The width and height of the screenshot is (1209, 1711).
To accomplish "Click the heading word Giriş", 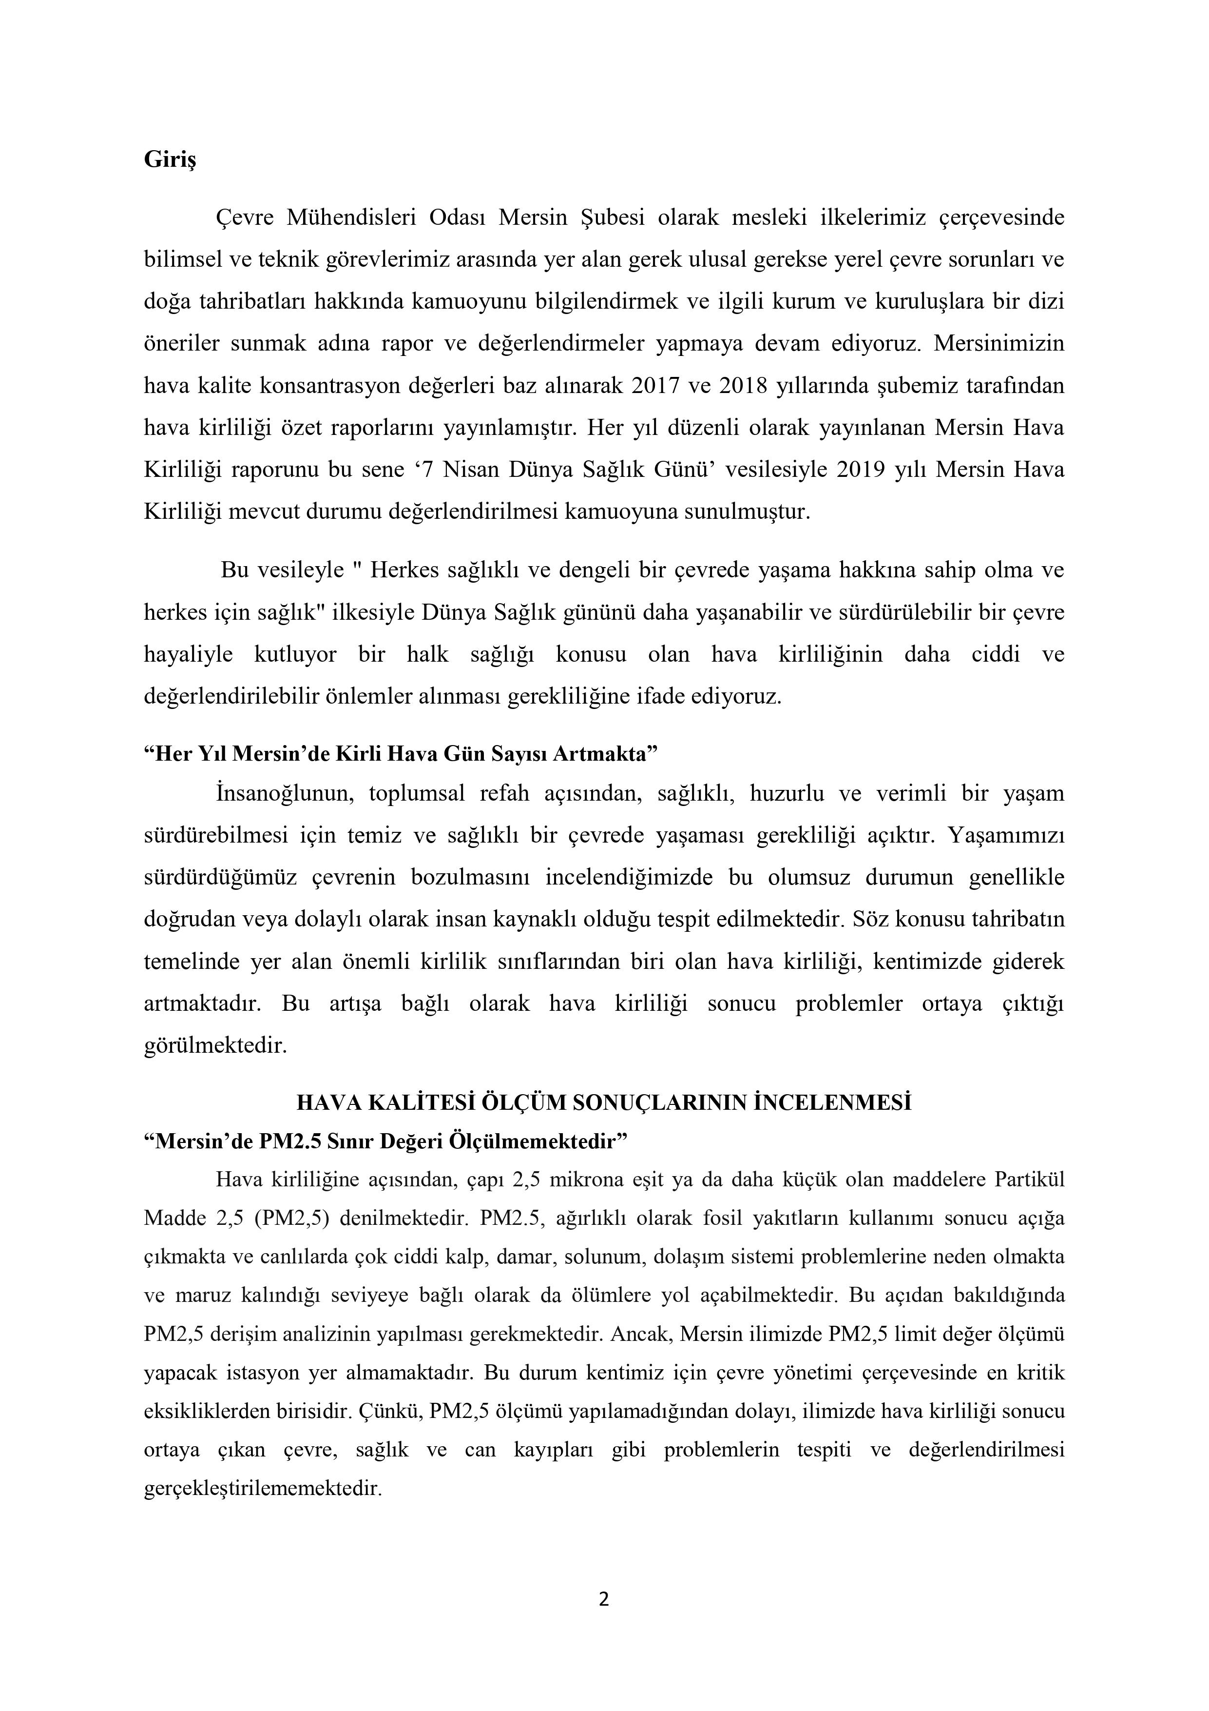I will click(x=170, y=161).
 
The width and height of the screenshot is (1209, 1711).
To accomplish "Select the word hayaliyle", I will click(x=189, y=654).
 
